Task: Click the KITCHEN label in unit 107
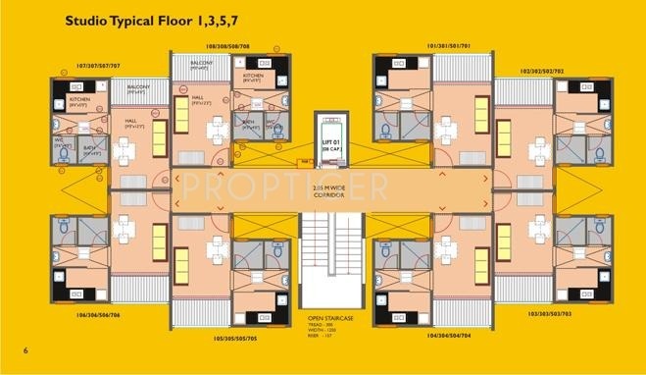pyautogui.click(x=79, y=99)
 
